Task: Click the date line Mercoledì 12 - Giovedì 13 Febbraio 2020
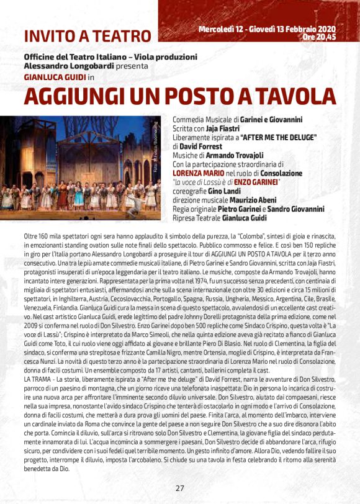click(267, 29)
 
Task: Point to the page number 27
click(179, 488)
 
